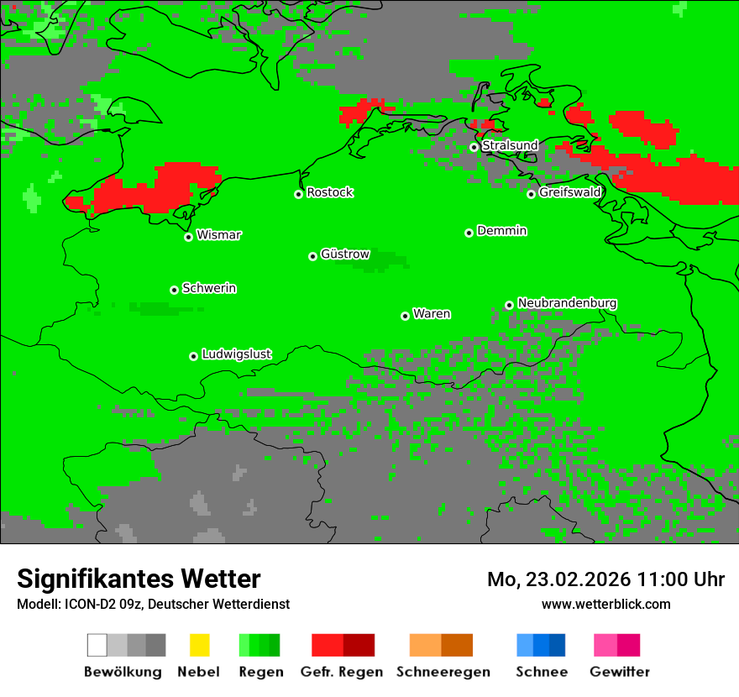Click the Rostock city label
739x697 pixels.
(x=329, y=192)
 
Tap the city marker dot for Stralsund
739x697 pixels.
(x=474, y=147)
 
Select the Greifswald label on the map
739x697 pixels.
(x=569, y=192)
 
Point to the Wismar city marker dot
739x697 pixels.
(x=189, y=237)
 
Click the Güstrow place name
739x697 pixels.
(x=344, y=254)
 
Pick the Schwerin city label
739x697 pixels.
(x=209, y=288)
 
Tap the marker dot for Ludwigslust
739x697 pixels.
(x=193, y=356)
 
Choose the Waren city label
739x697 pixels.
(x=432, y=314)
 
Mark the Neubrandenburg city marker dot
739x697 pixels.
(x=509, y=305)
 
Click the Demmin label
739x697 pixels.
(x=501, y=230)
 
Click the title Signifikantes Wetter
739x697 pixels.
(x=139, y=579)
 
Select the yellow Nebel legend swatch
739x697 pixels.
(x=199, y=645)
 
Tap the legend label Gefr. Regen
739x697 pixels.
(x=342, y=672)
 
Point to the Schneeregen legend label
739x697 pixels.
(x=443, y=672)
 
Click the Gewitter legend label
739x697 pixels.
(x=620, y=672)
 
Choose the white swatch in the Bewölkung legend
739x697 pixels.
(x=97, y=645)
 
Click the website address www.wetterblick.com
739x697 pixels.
(x=605, y=604)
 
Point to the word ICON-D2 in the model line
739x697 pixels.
(x=87, y=604)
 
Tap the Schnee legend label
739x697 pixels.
(x=542, y=672)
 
